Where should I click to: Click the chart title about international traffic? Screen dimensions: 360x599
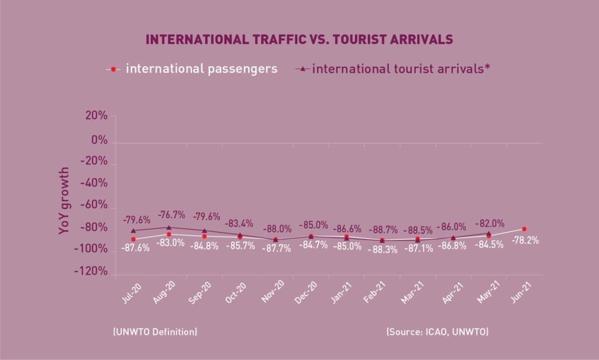tap(299, 40)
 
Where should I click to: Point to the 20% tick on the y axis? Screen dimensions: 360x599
tap(95, 116)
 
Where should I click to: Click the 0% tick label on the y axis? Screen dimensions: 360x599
tap(100, 142)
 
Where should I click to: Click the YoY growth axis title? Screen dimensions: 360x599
tap(64, 201)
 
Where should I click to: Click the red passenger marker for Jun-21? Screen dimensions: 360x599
tap(524, 229)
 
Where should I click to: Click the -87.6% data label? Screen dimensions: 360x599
tap(135, 248)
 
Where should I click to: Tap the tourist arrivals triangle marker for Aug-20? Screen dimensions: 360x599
tap(169, 227)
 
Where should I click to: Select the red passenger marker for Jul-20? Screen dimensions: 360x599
tap(133, 239)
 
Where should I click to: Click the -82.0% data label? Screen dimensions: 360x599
tap(489, 223)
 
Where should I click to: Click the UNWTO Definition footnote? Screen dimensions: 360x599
tap(154, 332)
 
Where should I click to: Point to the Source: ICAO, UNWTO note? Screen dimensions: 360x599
tap(438, 332)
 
